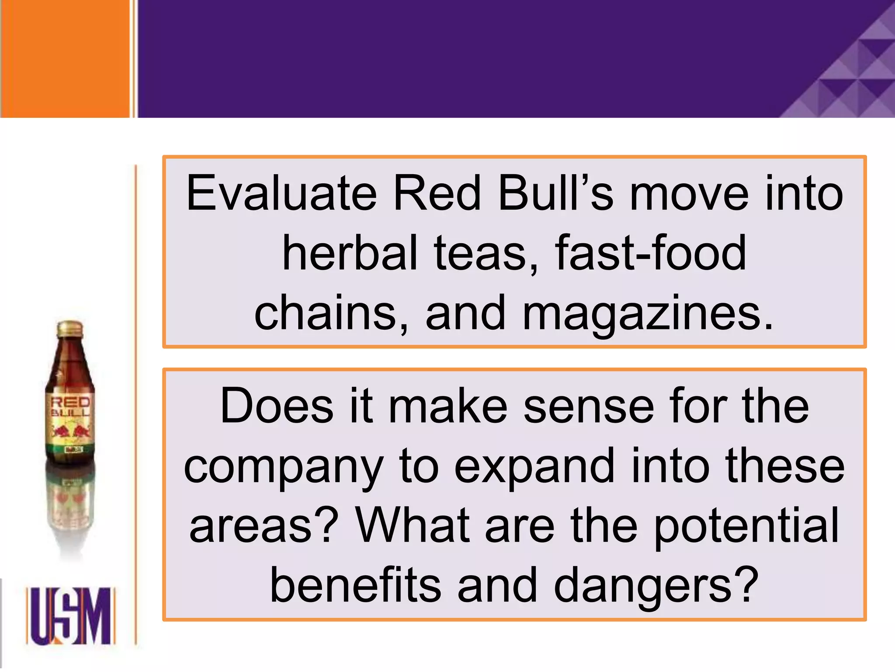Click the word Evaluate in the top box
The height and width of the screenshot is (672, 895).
(x=281, y=193)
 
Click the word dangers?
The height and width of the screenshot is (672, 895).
(x=656, y=586)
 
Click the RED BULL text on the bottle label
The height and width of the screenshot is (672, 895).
(x=70, y=407)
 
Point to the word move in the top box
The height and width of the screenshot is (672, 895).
(x=689, y=193)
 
